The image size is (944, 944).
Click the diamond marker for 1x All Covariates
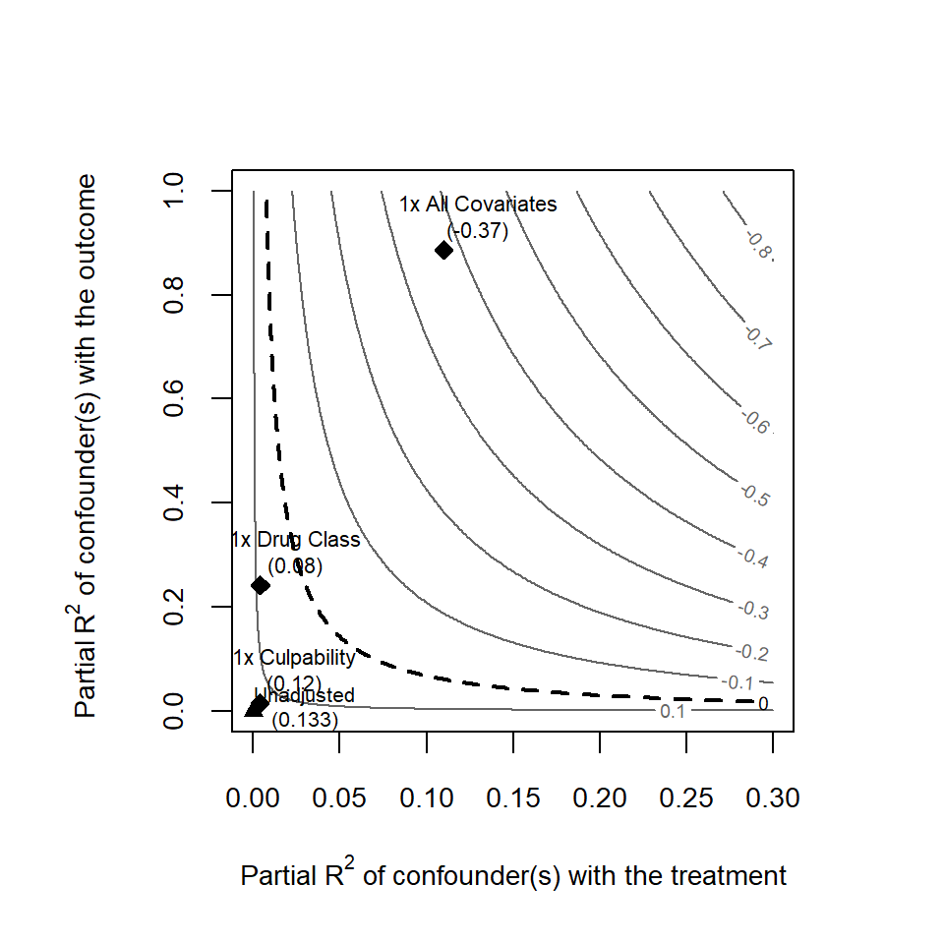(444, 250)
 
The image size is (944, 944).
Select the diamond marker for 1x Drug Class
(261, 585)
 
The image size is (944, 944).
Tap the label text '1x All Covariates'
(478, 205)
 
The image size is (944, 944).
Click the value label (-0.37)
(478, 231)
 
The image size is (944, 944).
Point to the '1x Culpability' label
(293, 657)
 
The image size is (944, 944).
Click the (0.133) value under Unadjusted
(305, 720)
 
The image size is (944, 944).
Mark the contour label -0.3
(754, 610)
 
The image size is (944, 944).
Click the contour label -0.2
(752, 652)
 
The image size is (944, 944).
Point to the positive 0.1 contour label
(673, 711)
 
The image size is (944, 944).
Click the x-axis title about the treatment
(513, 874)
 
